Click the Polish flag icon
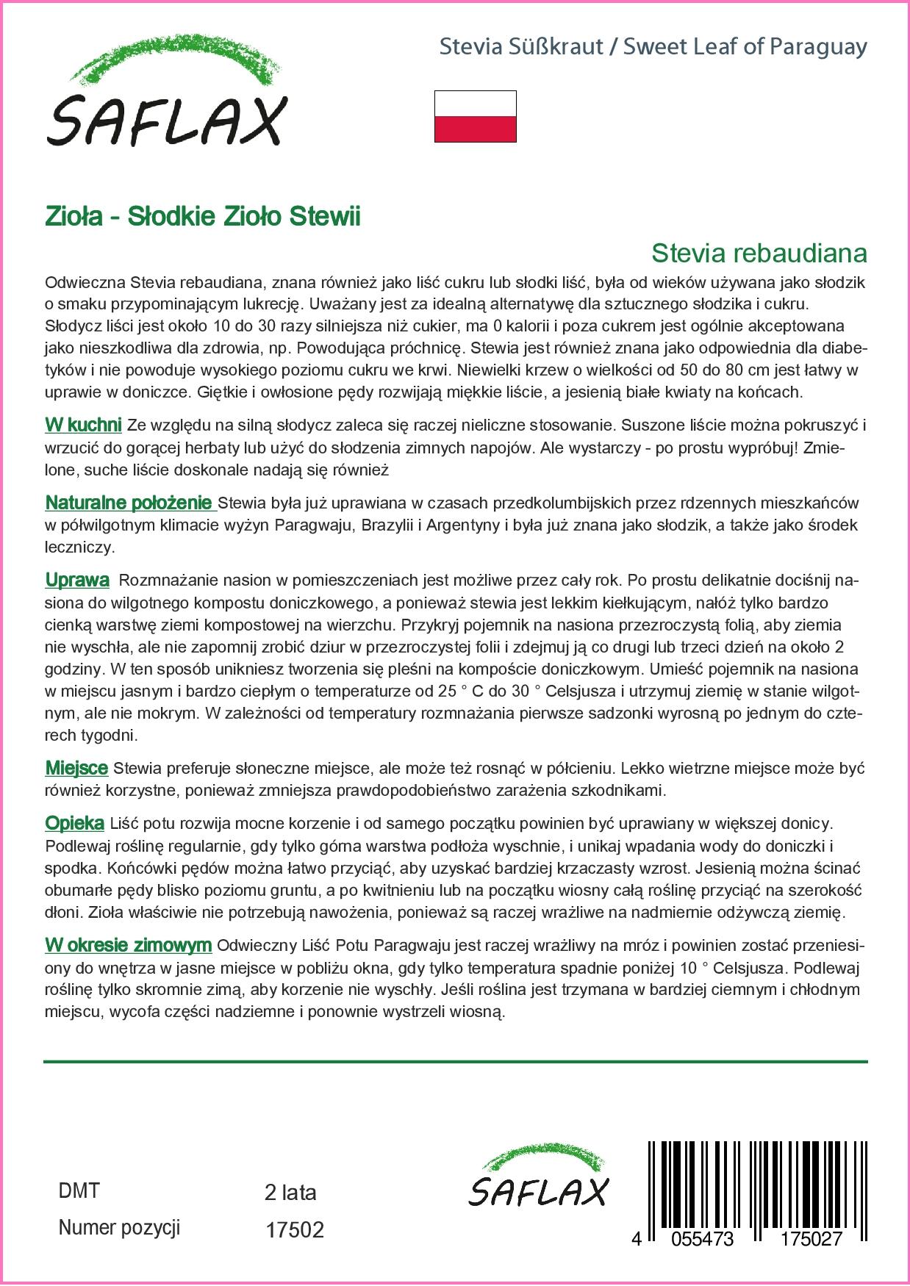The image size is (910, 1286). click(x=475, y=116)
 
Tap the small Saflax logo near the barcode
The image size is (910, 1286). click(x=539, y=1177)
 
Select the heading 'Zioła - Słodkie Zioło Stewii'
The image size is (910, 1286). click(x=203, y=217)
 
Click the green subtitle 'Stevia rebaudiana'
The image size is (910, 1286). click(x=759, y=254)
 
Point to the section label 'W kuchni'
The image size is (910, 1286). click(x=83, y=425)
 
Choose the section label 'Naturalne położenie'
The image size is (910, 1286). click(x=129, y=503)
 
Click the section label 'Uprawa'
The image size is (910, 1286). click(x=77, y=581)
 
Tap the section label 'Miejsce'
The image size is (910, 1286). click(x=76, y=769)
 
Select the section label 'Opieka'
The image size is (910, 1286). click(x=74, y=824)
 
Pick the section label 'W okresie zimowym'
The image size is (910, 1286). click(x=129, y=945)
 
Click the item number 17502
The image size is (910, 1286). click(x=294, y=1230)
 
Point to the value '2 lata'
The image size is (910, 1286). click(x=290, y=1192)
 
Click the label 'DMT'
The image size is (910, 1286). click(x=79, y=1190)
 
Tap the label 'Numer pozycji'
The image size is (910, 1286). click(x=119, y=1228)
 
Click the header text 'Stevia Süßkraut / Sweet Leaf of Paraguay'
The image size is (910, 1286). click(x=653, y=47)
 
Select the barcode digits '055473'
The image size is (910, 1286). click(x=698, y=1239)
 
